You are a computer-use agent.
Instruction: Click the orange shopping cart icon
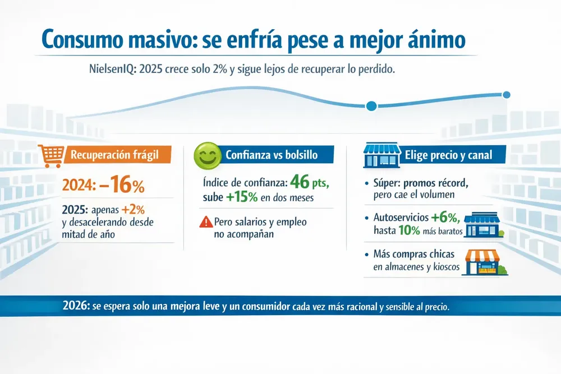pos(49,155)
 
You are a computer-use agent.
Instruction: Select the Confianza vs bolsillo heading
pos(271,155)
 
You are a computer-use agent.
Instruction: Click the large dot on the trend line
pos(371,105)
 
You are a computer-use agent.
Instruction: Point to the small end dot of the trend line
pos(507,95)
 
